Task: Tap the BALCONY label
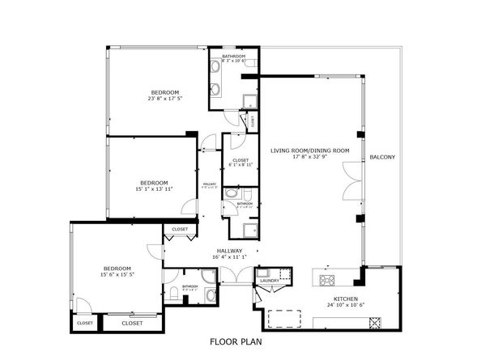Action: tap(381, 156)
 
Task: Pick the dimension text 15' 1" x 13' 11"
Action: tap(153, 189)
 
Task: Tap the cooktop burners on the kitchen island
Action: tap(329, 281)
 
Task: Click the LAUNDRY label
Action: tap(270, 281)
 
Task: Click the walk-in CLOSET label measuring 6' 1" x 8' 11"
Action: tap(240, 164)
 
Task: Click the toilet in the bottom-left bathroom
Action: tap(174, 292)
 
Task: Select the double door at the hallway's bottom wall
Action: tap(230, 277)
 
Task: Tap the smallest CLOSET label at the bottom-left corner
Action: tap(84, 323)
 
